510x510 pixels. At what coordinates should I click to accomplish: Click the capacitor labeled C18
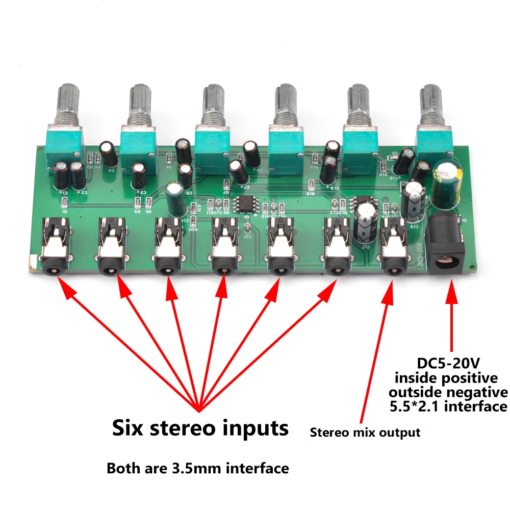pyautogui.click(x=413, y=199)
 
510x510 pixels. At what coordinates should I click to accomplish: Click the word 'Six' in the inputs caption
pyautogui.click(x=130, y=427)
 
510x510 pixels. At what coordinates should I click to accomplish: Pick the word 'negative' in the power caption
pyautogui.click(x=479, y=392)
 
